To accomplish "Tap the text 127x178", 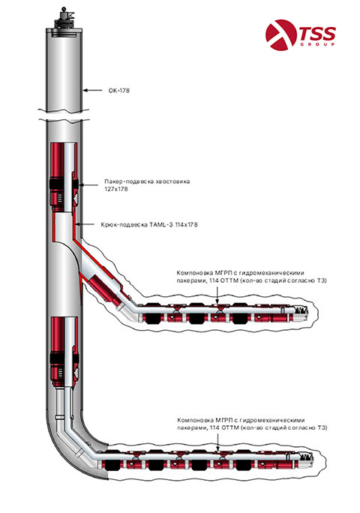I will click(x=114, y=190).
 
